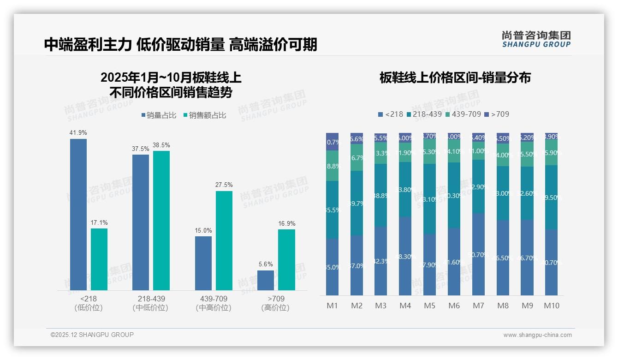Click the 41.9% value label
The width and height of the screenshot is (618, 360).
pos(78,133)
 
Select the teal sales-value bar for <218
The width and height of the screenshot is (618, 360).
pos(99,259)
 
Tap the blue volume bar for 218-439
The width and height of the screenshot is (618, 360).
pos(141,222)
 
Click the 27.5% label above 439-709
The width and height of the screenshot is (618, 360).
pos(224,185)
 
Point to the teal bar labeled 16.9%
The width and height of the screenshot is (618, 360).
pos(286,259)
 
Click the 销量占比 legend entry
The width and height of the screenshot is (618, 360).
pos(159,115)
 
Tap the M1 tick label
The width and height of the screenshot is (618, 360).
pos(333,306)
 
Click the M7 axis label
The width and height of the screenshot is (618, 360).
pos(478,306)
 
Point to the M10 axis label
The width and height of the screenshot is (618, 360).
pos(551,306)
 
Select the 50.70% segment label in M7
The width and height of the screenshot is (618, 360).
pos(478,254)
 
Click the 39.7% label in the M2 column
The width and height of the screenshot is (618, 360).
pos(357,204)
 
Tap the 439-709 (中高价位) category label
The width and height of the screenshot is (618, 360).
pos(214,303)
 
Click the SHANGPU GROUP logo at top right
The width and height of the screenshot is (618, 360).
pos(536,39)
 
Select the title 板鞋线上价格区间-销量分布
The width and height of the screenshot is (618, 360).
pos(455,78)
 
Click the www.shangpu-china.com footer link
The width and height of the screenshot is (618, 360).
pos(537,335)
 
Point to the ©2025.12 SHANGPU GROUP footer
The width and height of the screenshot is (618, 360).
pos(92,335)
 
